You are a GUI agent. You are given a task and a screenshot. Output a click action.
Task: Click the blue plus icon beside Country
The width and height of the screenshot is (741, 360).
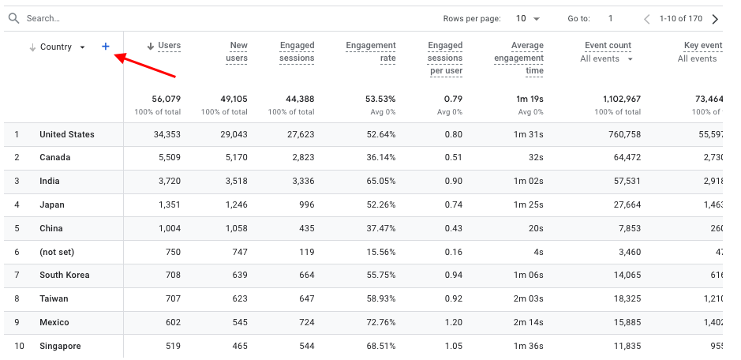(106, 47)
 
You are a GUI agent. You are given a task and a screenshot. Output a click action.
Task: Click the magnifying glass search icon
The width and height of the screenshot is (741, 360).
(13, 18)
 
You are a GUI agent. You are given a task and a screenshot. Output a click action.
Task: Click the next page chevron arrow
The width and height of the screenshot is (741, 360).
(715, 18)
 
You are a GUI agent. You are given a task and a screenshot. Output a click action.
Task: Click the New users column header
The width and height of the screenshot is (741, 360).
(238, 51)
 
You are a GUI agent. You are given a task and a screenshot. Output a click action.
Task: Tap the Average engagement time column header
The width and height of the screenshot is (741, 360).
(518, 58)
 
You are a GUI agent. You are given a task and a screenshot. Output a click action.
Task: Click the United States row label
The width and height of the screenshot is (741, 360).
(67, 134)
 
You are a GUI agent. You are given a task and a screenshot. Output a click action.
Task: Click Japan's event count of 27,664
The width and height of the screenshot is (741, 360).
(624, 204)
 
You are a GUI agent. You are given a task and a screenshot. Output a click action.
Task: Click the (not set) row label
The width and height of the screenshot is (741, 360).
(57, 252)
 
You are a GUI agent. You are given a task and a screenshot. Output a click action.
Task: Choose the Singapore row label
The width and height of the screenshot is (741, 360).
(60, 346)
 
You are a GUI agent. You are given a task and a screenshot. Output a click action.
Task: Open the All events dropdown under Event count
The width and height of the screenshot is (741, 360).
(607, 58)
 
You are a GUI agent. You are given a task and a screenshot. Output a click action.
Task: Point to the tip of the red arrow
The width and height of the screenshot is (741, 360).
(116, 54)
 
